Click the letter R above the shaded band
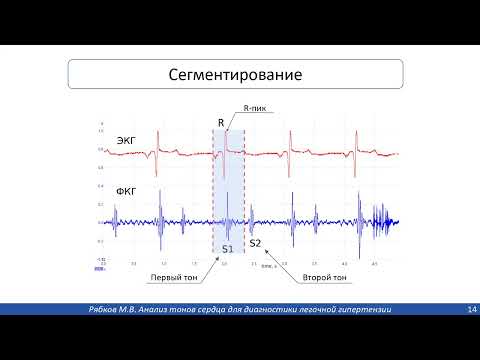point(220,123)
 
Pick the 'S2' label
point(255,243)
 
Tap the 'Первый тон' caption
point(171,277)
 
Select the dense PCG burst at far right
point(385,222)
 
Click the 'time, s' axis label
point(269,267)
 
